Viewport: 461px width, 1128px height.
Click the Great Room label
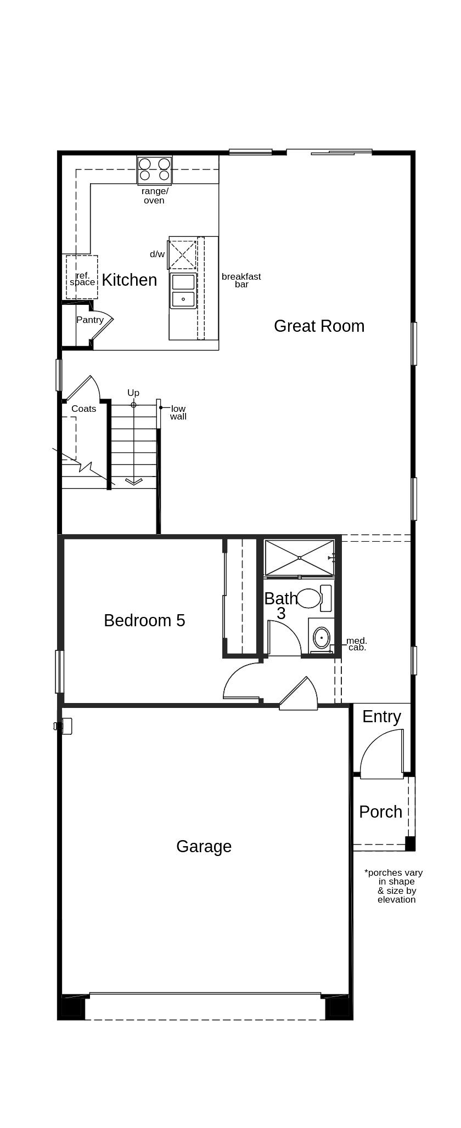point(319,326)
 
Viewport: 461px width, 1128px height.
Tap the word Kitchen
point(130,280)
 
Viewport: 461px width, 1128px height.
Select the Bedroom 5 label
point(144,620)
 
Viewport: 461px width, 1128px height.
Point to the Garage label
point(204,846)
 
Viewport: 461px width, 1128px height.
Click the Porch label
point(381,812)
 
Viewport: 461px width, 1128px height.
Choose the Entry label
point(381,717)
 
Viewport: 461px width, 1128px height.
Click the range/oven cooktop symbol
point(154,169)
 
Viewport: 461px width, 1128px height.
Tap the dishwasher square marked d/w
point(182,254)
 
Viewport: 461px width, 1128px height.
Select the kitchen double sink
point(183,291)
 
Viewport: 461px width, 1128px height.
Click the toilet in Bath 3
point(314,598)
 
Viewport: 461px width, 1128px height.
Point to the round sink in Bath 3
point(321,638)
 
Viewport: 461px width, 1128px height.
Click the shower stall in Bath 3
point(300,558)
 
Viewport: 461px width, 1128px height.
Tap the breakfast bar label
point(241,280)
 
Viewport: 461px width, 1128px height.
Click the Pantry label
point(90,320)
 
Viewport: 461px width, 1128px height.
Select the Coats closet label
point(83,409)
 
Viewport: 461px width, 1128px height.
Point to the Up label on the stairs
point(133,393)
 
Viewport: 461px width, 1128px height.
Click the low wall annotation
point(178,412)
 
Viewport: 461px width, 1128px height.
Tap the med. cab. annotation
point(357,644)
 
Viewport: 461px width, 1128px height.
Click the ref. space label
point(82,279)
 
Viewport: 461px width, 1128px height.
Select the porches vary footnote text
point(394,886)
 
